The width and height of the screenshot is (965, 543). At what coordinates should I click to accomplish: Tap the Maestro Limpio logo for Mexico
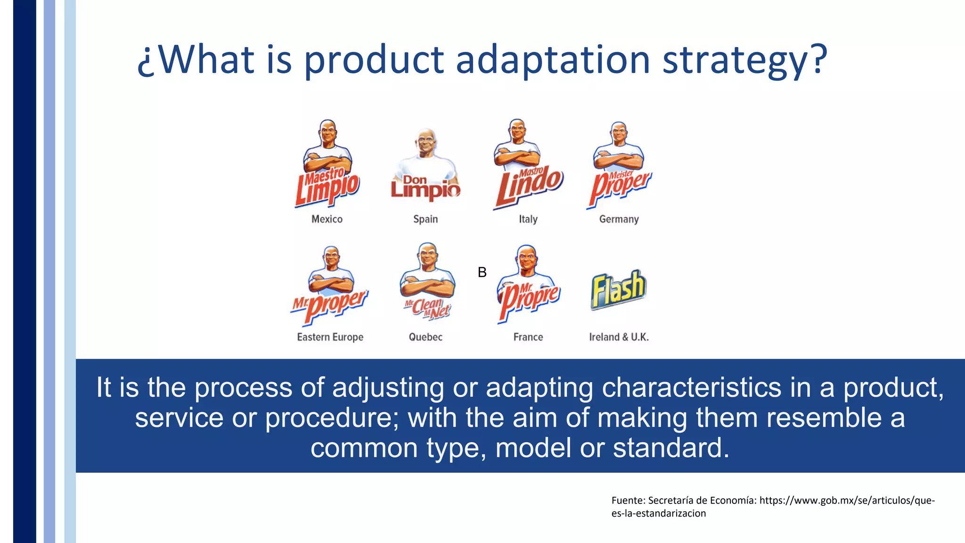coord(327,189)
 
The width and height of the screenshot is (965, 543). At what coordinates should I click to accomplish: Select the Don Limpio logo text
coord(425,187)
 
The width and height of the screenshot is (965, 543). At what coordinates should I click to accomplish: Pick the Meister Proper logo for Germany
coord(620,186)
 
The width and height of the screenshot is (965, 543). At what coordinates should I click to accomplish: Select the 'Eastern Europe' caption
coord(330,337)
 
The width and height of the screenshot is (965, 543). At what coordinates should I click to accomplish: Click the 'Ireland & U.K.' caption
coord(619,337)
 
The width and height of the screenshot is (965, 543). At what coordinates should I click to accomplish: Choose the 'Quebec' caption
coord(425,337)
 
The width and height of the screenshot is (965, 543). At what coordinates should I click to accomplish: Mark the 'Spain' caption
coord(425,219)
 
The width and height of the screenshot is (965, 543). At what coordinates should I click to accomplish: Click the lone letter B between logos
coord(482,272)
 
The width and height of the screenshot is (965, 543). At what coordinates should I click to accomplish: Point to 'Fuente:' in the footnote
coord(628,501)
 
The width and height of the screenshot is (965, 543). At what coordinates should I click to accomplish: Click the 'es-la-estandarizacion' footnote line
coord(658,513)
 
